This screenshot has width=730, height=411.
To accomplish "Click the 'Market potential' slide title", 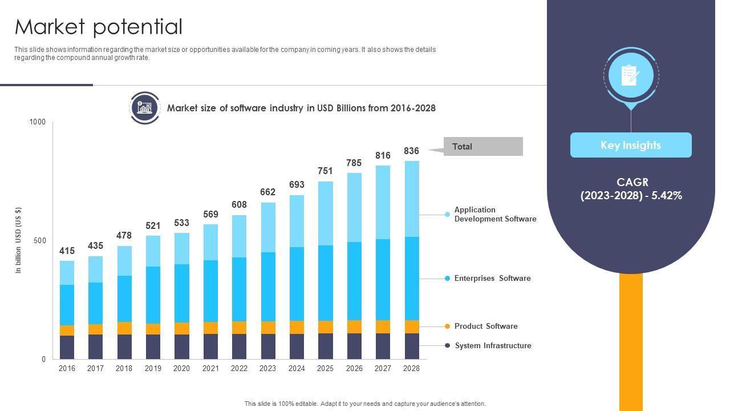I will coord(99,27).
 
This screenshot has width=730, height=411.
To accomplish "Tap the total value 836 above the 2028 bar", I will coord(411,151).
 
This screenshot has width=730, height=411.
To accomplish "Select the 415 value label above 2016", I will coord(67,251).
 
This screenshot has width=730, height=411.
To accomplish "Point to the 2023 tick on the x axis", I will coord(267,368).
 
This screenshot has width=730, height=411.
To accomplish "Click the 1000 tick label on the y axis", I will coord(38,122).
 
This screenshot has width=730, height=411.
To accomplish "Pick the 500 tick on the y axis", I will coord(40,240).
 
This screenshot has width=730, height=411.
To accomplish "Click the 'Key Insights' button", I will coord(631,145).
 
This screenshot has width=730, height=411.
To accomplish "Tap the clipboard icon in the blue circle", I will coord(631,75).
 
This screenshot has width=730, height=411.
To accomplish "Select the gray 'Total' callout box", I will coord(482,147).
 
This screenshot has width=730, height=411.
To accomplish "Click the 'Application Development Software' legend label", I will coord(495,214).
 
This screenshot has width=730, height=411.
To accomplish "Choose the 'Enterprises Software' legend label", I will coord(492,278).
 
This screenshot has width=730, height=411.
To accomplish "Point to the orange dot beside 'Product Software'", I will coord(448,327).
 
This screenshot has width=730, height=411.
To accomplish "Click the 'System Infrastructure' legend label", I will coord(493,345).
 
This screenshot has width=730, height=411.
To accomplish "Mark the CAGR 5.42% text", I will coord(631,189).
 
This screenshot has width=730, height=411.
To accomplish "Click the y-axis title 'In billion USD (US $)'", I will coord(18,240).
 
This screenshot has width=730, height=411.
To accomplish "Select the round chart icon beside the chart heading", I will coord(144,107).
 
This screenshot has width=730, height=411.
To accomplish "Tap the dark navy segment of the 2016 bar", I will coord(67,347).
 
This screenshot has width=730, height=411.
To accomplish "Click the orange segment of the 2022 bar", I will coord(239,327).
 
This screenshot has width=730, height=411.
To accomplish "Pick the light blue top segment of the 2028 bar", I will coord(411,199).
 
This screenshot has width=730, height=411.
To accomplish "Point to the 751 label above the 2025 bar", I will coord(325,171).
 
